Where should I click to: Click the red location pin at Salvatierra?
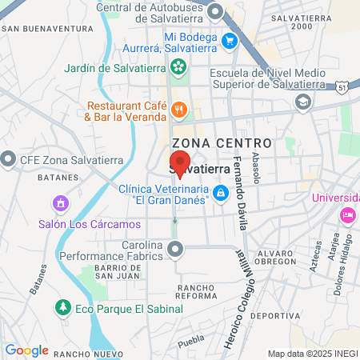tap(180, 161)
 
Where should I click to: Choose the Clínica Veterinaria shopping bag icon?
tap(219, 193)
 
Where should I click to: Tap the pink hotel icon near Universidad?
tap(348, 214)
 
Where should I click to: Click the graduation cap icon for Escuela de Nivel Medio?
tap(302, 102)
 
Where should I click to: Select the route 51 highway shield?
tap(342, 86)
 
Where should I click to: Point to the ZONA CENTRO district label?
tap(222, 142)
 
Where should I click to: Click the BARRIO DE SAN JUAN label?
tap(118, 271)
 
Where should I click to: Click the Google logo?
tap(26, 350)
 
